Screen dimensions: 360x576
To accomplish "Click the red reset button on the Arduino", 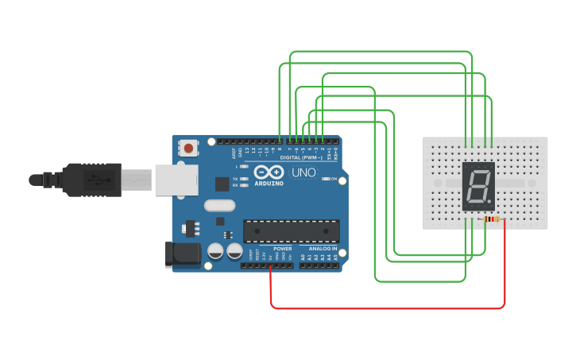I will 188,147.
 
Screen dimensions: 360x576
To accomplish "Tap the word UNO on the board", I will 303,172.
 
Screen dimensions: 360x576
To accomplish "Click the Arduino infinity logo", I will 269,172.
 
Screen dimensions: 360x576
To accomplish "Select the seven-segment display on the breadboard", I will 477,186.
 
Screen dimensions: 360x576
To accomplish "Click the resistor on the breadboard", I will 493,219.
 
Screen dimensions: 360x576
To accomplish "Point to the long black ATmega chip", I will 291,231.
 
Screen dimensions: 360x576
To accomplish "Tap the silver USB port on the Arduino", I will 176,180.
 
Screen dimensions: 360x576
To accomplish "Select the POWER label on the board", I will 282,249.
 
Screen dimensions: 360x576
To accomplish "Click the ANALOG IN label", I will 323,249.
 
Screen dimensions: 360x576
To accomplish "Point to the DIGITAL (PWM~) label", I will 301,158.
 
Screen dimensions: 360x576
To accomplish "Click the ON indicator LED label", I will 333,179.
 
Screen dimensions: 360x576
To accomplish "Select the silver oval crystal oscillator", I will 219,206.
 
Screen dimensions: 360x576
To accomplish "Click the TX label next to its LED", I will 236,179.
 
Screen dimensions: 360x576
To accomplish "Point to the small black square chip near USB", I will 222,184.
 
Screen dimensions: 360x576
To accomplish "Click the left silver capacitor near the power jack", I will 215,251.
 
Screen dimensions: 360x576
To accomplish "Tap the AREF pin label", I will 234,152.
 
